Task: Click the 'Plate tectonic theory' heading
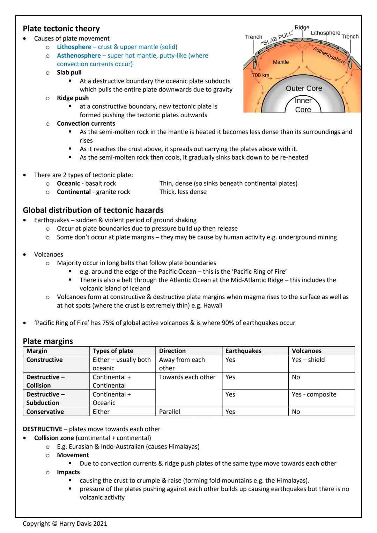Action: (x=61, y=29)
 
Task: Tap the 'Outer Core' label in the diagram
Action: (x=304, y=88)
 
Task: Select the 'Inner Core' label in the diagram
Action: (x=303, y=105)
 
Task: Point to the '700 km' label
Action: (x=260, y=75)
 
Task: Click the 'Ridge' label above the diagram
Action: (x=302, y=28)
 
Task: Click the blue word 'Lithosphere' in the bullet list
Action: (x=74, y=47)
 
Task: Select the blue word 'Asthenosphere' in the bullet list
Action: (x=79, y=55)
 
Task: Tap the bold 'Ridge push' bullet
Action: (x=73, y=98)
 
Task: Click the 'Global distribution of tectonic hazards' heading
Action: (x=93, y=210)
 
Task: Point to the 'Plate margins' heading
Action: (x=48, y=341)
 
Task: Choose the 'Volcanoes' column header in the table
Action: (x=306, y=351)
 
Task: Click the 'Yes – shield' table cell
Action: (x=308, y=360)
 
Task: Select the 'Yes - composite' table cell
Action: (x=314, y=394)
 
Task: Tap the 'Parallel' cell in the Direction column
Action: (x=170, y=412)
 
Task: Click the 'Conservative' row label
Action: (x=45, y=412)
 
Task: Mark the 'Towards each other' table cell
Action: (x=187, y=377)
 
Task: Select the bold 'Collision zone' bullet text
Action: (x=54, y=438)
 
